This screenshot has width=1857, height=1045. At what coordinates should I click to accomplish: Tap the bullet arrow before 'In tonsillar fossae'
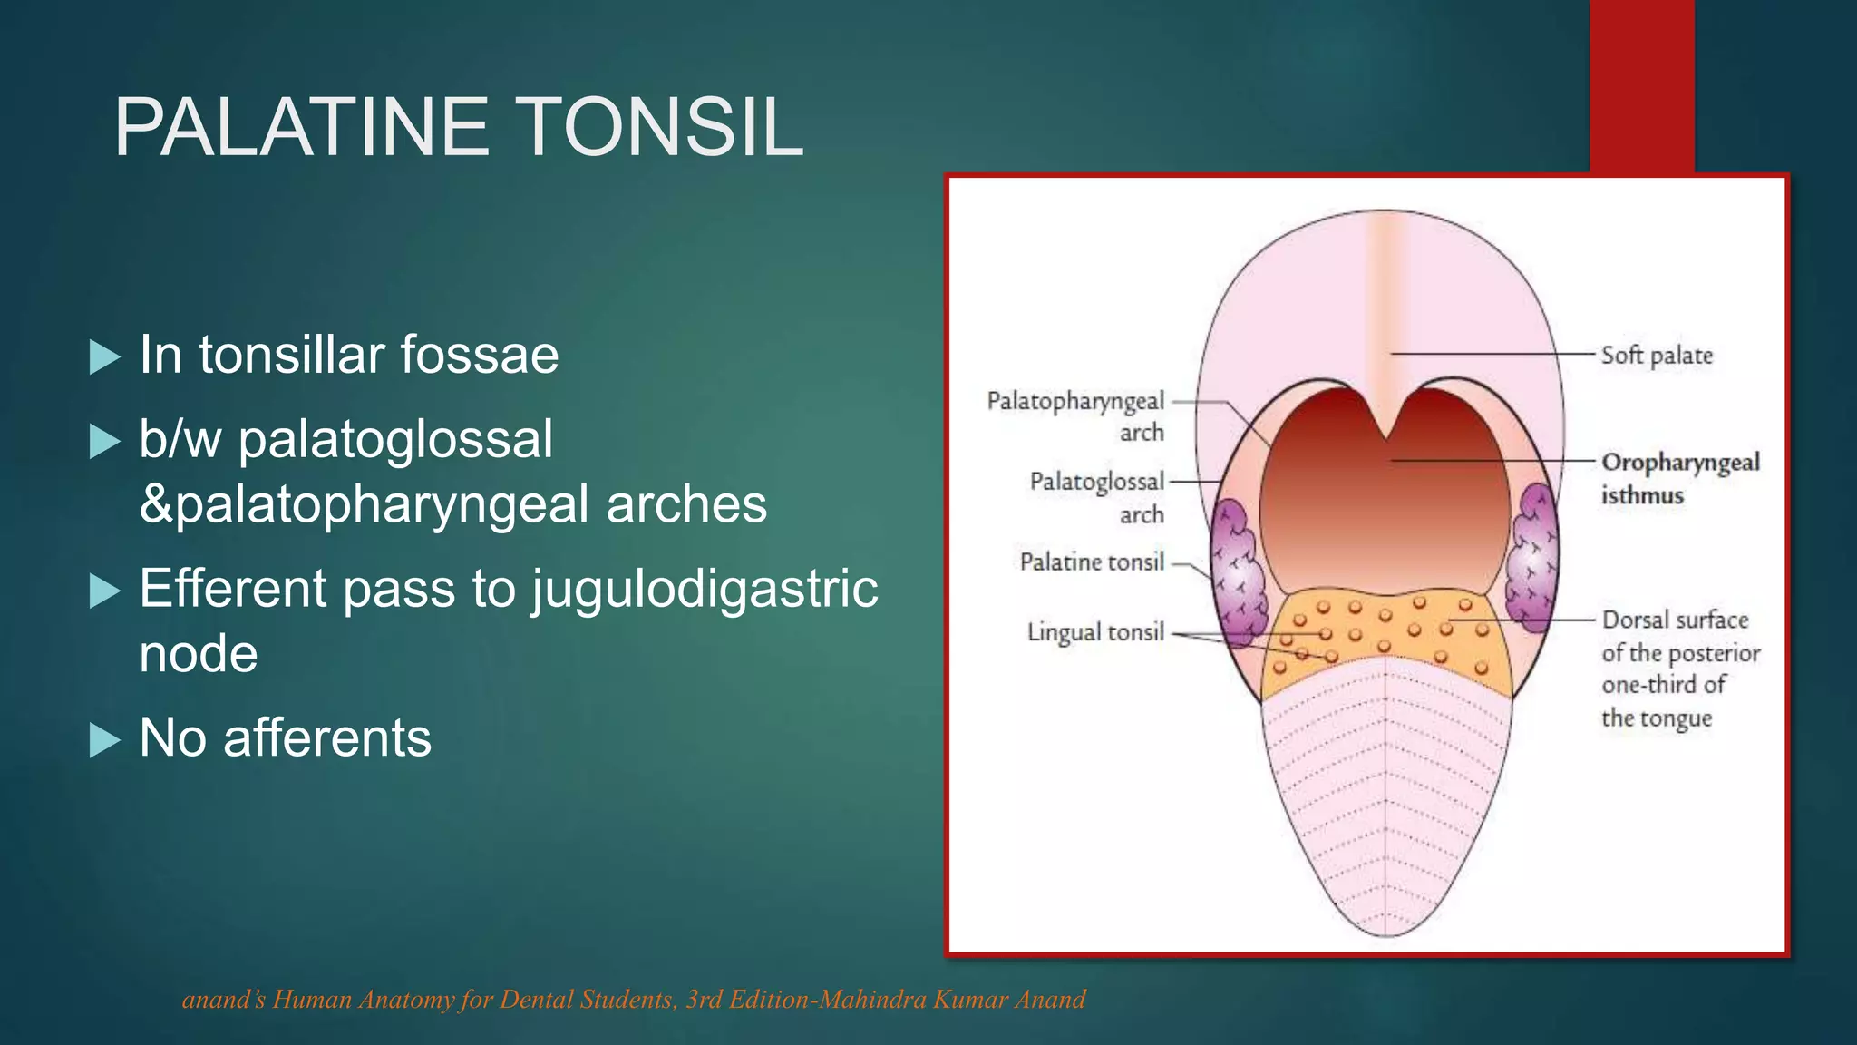(x=105, y=357)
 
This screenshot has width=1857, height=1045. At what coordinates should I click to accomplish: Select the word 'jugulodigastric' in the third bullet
(x=705, y=589)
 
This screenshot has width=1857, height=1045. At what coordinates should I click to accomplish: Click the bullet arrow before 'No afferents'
(x=105, y=740)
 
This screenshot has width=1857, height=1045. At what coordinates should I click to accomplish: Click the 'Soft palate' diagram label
(x=1656, y=356)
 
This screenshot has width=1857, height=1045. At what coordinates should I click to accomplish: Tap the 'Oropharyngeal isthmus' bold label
(x=1679, y=478)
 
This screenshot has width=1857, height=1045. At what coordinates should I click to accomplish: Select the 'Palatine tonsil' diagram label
(x=1091, y=562)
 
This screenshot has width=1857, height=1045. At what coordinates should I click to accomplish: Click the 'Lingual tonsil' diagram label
(x=1094, y=632)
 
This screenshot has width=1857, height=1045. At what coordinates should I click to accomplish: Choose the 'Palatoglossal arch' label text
(x=1096, y=496)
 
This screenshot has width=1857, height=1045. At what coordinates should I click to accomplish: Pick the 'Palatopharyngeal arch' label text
(x=1075, y=415)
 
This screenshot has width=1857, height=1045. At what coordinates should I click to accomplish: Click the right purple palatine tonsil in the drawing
(x=1531, y=558)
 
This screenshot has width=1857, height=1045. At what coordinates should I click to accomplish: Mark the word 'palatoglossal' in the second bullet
(x=395, y=440)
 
